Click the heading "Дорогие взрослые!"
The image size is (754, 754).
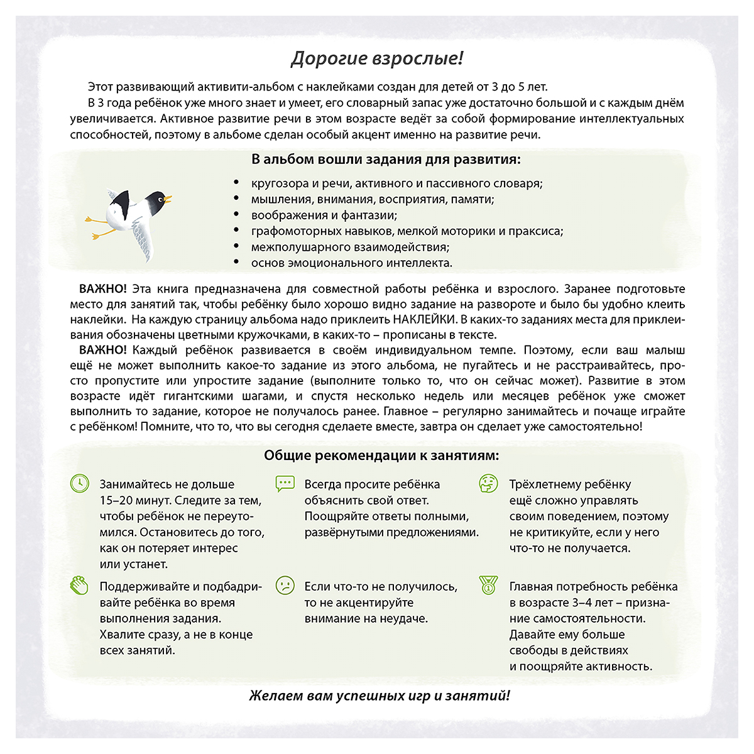tap(377, 59)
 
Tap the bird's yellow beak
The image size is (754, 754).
tap(168, 200)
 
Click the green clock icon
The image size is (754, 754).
tap(79, 484)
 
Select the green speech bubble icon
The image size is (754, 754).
tap(285, 484)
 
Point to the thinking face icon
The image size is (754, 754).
tap(488, 484)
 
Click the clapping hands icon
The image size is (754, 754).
tap(79, 586)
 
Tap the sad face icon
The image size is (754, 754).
tap(285, 586)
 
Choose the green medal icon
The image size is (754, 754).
tap(488, 586)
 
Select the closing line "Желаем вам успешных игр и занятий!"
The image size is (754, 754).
tap(380, 696)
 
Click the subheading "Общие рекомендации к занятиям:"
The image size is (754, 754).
tap(381, 456)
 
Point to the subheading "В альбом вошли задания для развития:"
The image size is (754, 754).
tap(386, 159)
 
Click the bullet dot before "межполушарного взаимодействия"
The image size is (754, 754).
tap(236, 247)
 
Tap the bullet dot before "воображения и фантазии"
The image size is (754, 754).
tap(236, 215)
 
